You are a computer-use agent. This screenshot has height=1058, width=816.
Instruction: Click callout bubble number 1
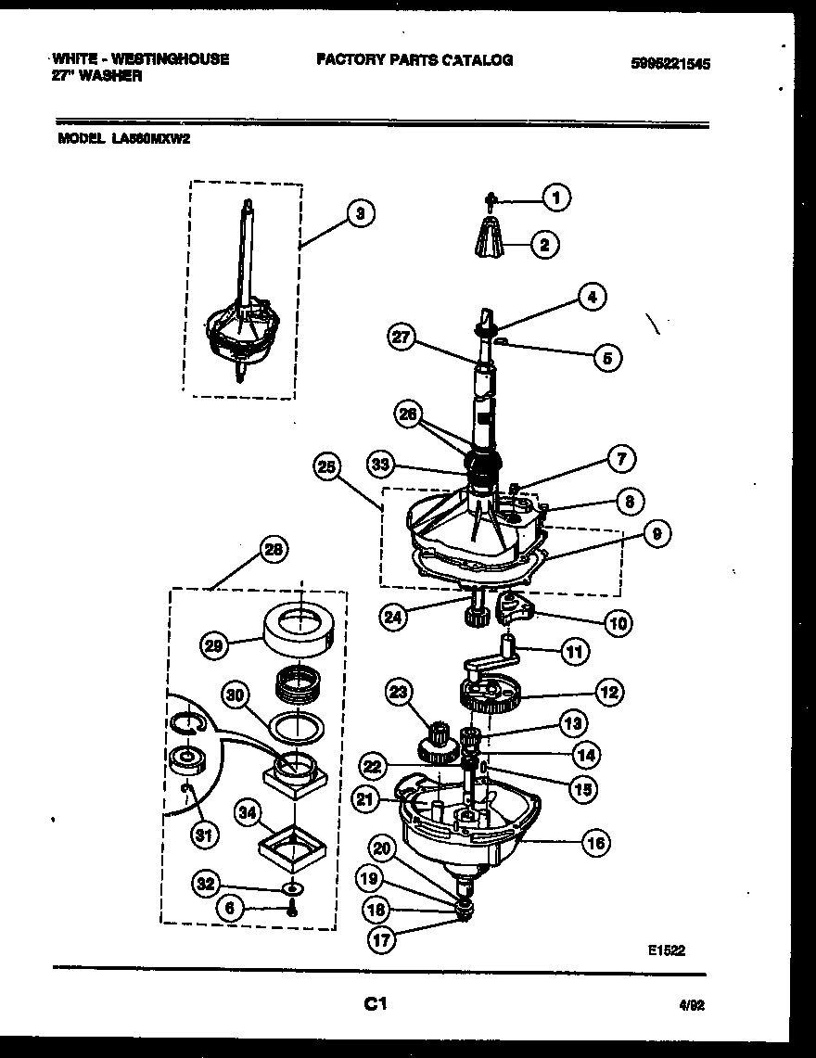click(556, 197)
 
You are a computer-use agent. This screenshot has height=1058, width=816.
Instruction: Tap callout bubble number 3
click(360, 214)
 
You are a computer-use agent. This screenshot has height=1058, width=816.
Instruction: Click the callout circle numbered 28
click(273, 551)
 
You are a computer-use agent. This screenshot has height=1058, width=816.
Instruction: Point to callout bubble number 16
click(596, 843)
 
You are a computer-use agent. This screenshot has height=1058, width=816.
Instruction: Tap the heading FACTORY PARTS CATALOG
click(414, 60)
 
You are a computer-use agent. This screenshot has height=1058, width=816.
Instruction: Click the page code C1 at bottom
click(375, 1003)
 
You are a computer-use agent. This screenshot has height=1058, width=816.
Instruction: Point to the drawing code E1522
click(667, 950)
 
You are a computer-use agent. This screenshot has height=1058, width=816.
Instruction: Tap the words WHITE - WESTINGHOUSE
click(140, 58)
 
